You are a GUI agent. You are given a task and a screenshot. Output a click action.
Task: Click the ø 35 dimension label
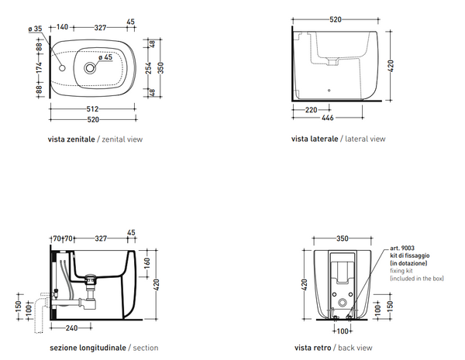click(34, 29)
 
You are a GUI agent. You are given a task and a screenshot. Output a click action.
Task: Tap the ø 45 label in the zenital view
click(105, 56)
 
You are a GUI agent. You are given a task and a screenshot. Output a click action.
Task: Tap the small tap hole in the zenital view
click(64, 68)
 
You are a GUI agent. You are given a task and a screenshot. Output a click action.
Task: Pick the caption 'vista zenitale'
click(72, 139)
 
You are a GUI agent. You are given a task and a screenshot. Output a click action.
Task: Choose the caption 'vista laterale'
click(314, 139)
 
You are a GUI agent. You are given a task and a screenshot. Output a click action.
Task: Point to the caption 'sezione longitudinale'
click(87, 349)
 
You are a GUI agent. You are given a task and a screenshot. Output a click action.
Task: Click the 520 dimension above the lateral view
click(336, 18)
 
